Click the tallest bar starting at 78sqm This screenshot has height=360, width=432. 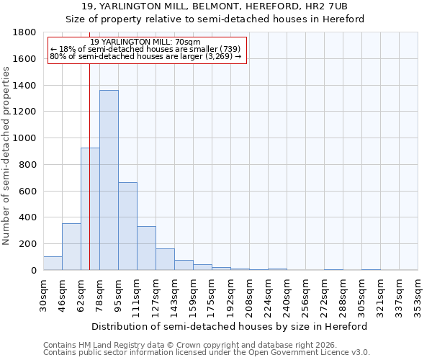point(109,180)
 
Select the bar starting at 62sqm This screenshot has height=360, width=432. point(90,209)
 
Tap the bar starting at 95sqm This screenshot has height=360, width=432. point(127,226)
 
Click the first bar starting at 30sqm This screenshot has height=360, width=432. point(53,264)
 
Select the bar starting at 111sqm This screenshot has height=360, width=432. point(146,248)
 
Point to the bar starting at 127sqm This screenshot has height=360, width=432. point(165,259)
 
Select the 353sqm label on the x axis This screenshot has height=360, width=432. point(418,292)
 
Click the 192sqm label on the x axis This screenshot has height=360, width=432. point(230,292)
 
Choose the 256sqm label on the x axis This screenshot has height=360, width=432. point(305,292)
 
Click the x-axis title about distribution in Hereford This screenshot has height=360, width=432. point(230,326)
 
